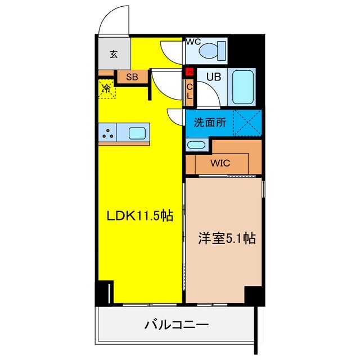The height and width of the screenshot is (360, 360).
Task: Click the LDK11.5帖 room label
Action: [x=140, y=215]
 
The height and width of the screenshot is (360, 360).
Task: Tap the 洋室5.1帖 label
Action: [x=226, y=238]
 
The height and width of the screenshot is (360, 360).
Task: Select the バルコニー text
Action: [x=177, y=325]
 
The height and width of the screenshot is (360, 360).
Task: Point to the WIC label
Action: [x=220, y=164]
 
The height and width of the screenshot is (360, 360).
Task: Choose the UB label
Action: [x=213, y=78]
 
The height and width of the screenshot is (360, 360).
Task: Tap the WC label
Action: [x=193, y=42]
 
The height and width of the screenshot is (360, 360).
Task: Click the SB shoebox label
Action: [x=132, y=77]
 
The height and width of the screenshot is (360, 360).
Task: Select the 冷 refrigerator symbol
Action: [x=106, y=88]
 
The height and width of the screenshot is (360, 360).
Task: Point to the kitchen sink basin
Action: [x=137, y=133]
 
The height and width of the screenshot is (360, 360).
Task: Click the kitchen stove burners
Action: [x=108, y=133]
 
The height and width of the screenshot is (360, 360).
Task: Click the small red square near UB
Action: [x=190, y=71]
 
